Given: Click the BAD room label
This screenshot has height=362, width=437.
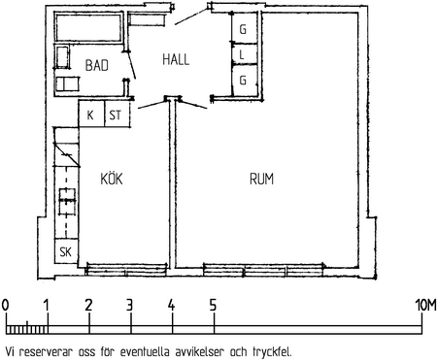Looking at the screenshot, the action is pos(96,65).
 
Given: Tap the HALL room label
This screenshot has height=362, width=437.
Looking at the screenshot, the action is pos(176,60).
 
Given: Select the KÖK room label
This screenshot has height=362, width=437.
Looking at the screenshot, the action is pos(112,178).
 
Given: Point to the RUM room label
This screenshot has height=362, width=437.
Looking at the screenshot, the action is pos(261,179).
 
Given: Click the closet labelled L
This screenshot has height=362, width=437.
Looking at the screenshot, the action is pos(245,55).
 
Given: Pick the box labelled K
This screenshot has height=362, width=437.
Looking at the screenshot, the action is pos(91,115).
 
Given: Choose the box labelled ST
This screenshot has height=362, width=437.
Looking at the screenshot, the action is pos(118,115).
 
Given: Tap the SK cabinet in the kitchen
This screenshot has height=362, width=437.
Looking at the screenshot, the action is pos(66,251).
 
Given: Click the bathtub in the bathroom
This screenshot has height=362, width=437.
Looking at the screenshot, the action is pos(88,27).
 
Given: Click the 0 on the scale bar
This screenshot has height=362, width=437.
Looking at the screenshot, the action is pos(5,305).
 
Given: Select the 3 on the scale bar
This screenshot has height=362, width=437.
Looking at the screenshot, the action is pos(129,305).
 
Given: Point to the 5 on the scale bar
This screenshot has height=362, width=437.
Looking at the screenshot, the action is pos(213,305).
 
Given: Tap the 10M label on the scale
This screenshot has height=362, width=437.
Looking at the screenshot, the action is pos(425,305).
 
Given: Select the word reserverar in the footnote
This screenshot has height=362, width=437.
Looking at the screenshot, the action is pos(46,352).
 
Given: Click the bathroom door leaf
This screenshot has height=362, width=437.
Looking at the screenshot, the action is pos(131,65).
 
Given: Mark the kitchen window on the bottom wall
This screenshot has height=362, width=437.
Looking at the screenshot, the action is pos(126,270).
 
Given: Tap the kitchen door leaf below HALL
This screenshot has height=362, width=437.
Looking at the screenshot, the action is pos(151,104).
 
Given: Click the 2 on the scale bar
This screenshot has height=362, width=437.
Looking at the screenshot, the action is pos(88,305).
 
